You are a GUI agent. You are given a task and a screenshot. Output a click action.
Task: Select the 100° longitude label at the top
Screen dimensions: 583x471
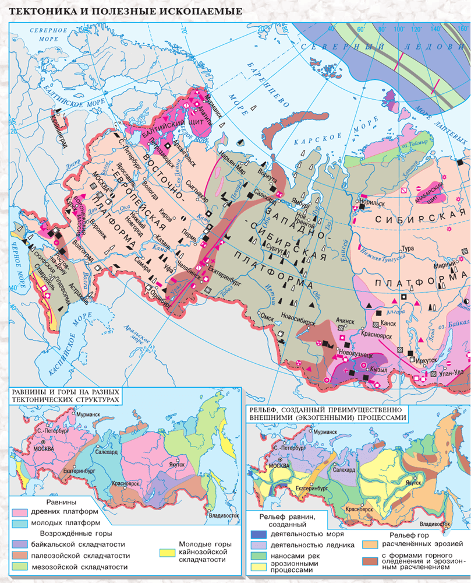click(x=399, y=29)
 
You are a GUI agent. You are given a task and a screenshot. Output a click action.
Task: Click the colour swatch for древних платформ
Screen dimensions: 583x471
click(x=21, y=513)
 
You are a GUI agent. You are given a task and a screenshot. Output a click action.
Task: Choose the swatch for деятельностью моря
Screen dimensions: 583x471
click(x=258, y=534)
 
